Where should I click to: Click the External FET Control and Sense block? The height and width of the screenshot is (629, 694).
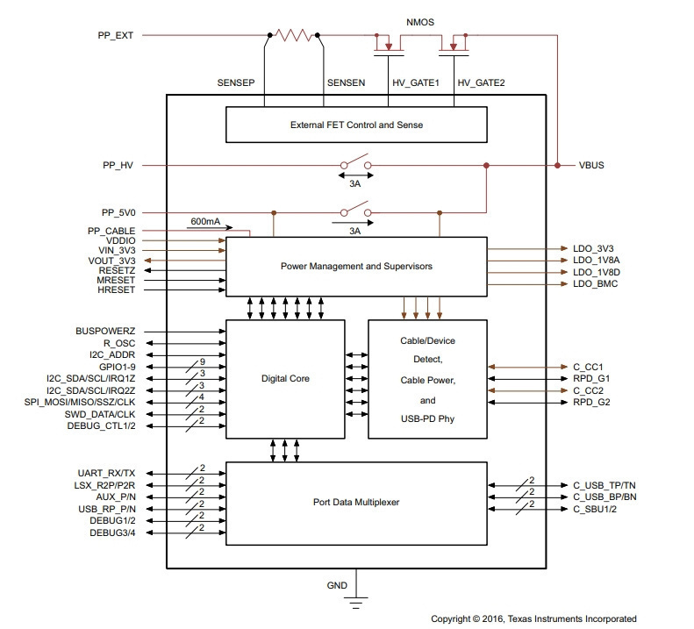[356, 125]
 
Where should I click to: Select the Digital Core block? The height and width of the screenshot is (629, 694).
[285, 379]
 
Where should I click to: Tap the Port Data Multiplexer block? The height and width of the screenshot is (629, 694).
[356, 504]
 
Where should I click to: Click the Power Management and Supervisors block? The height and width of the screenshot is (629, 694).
[356, 267]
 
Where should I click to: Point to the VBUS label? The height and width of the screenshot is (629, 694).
[591, 165]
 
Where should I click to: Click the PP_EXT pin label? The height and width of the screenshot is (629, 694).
[116, 35]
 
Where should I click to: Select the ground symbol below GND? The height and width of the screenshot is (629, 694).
[356, 603]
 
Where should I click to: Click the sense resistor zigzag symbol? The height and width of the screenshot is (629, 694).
[293, 35]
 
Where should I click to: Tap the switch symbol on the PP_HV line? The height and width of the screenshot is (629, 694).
[355, 162]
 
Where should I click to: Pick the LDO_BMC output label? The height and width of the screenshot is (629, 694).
[596, 283]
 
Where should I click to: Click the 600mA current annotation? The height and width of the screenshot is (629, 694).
[205, 221]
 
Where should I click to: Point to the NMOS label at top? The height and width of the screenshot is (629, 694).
[420, 22]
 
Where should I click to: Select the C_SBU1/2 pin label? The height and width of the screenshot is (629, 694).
[595, 509]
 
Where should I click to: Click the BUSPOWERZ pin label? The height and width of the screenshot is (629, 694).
[105, 331]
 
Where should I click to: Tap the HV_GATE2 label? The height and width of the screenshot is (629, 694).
[481, 82]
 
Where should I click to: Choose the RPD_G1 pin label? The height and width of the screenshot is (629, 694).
[591, 378]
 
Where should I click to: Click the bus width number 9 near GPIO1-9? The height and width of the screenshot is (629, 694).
[203, 361]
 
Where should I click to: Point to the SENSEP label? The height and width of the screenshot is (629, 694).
[236, 82]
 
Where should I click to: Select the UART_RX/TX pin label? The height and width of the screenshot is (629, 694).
[106, 473]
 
